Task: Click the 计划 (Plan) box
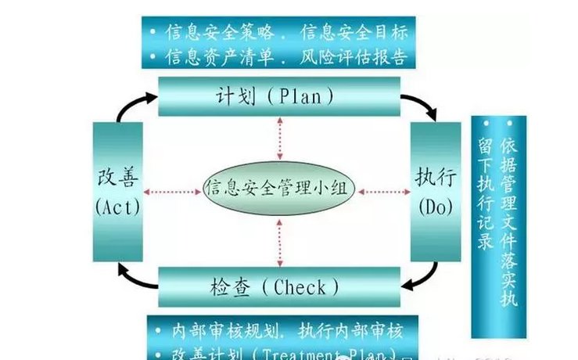point(275,96)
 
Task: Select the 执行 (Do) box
point(432,189)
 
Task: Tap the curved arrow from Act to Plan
point(129,106)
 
